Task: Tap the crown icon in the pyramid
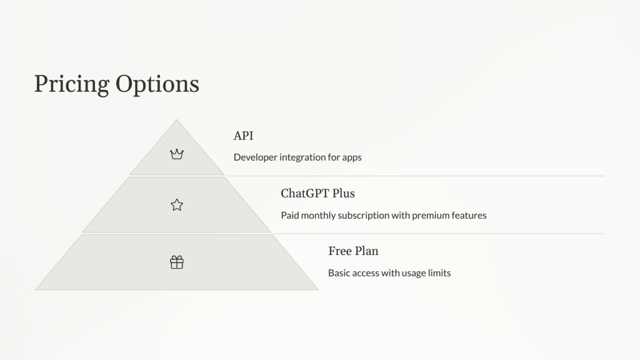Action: (177, 154)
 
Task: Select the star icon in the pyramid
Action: (177, 204)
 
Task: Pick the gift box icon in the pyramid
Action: (177, 262)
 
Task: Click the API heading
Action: (243, 136)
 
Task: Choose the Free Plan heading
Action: (353, 251)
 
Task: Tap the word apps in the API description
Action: (351, 157)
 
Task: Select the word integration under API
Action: (302, 157)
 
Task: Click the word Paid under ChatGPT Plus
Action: (291, 216)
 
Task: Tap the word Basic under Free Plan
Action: (340, 273)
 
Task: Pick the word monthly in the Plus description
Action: (319, 216)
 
